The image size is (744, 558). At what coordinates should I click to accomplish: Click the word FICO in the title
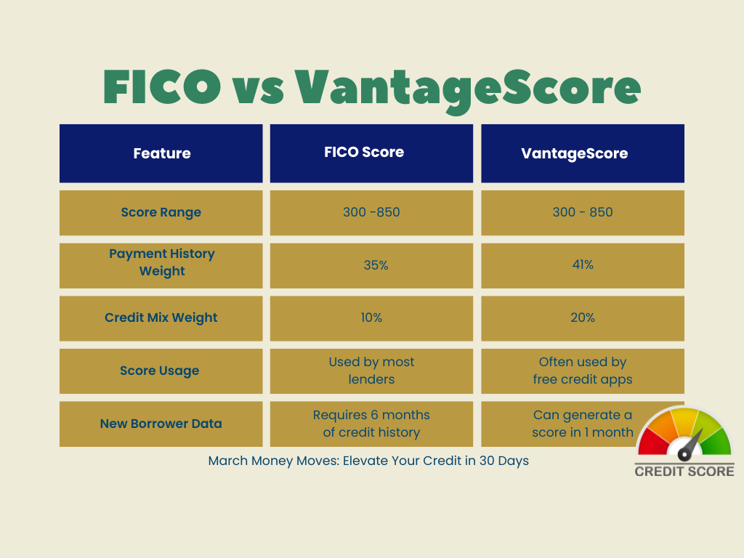(x=162, y=87)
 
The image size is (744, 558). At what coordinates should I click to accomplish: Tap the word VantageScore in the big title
(x=468, y=87)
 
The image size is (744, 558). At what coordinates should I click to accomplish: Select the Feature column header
(x=161, y=153)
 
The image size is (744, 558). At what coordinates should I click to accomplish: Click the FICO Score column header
(x=371, y=153)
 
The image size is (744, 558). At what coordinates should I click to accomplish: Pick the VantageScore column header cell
(x=583, y=153)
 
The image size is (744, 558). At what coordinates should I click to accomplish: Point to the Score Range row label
(x=161, y=213)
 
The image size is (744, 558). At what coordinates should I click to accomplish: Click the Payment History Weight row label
(x=161, y=262)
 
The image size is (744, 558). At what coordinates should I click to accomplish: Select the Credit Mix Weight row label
(x=161, y=318)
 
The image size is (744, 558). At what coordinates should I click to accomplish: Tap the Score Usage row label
(x=161, y=371)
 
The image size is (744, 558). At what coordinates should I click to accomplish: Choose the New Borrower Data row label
(x=161, y=424)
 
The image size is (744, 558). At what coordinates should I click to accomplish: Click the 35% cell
(x=371, y=265)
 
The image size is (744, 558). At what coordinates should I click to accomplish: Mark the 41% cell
(x=583, y=265)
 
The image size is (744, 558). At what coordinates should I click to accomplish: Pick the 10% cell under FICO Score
(x=371, y=318)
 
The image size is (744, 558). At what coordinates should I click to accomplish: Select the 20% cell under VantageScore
(x=583, y=318)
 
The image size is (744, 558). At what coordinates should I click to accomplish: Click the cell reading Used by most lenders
(x=371, y=371)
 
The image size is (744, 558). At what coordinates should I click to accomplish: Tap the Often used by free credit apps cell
(x=583, y=371)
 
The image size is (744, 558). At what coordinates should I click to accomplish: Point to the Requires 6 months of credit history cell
(x=371, y=424)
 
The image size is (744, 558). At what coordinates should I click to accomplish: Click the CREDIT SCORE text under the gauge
(x=684, y=471)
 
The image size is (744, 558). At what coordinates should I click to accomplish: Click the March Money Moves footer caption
(x=368, y=461)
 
